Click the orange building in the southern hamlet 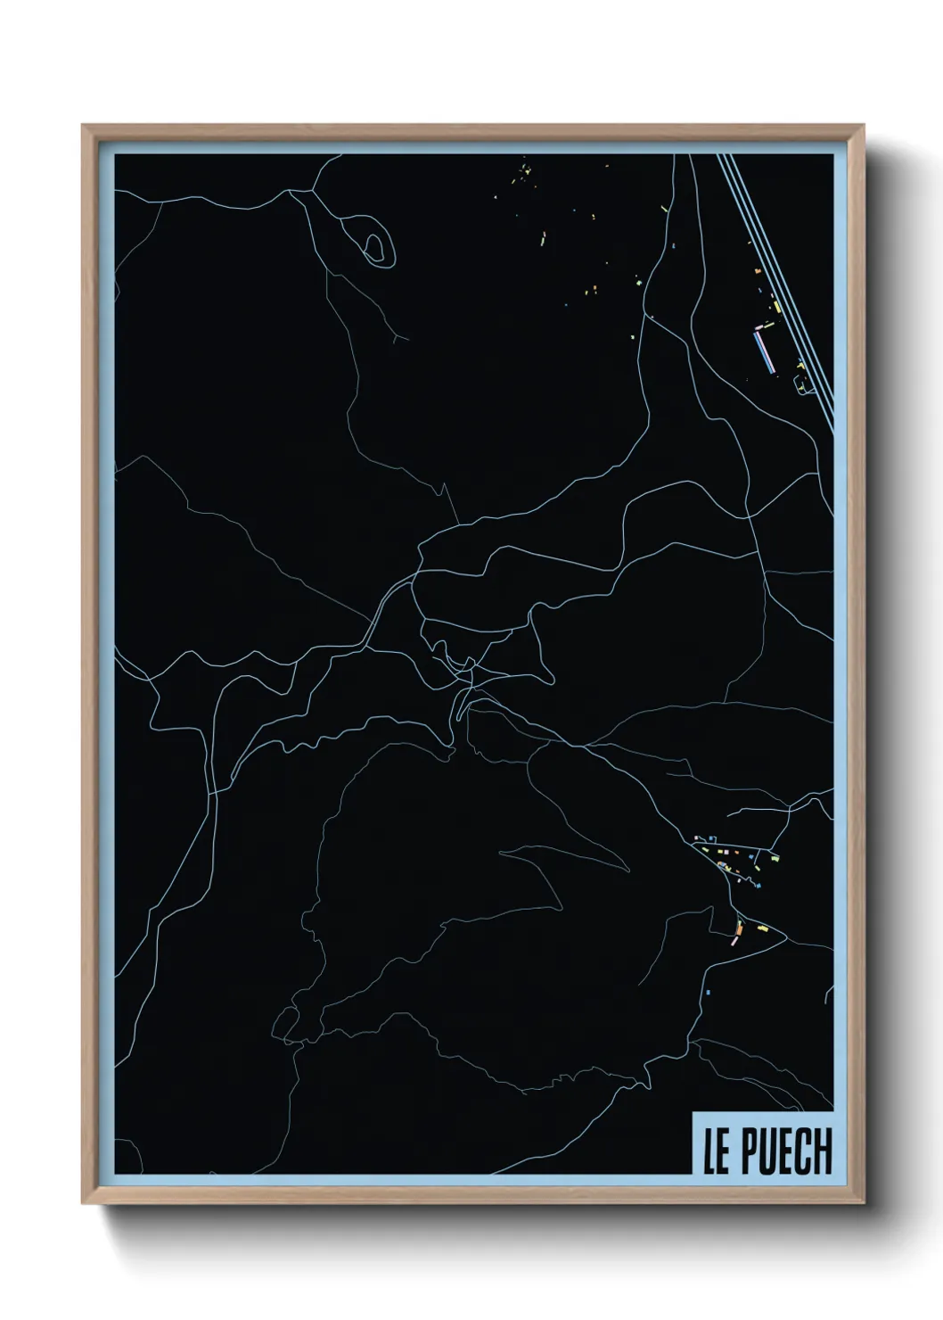[738, 933]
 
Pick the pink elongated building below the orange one [735, 942]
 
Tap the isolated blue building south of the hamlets [708, 992]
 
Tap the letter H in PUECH [821, 1152]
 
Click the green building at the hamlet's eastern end [775, 858]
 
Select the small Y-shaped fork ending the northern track [397, 336]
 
